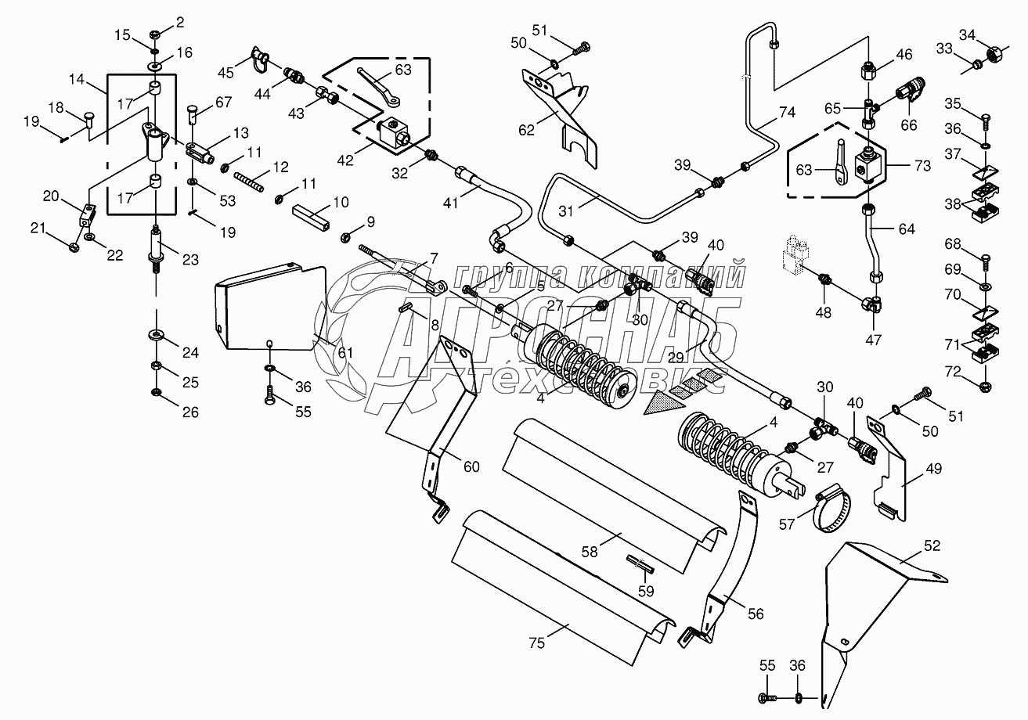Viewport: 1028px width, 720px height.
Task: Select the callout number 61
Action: tap(344, 353)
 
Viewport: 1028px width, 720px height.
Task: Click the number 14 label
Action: tap(76, 79)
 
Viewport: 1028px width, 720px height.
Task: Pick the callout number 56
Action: tap(755, 615)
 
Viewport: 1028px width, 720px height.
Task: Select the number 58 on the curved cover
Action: tap(589, 550)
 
